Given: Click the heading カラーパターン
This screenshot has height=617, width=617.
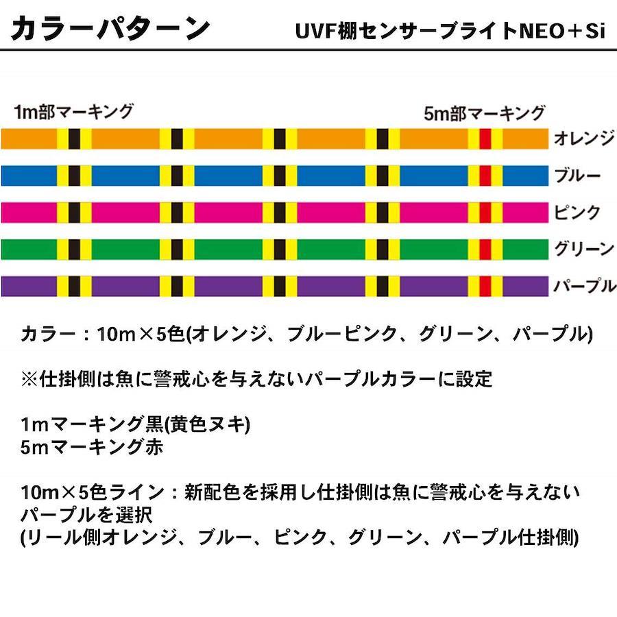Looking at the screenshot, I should [110, 29].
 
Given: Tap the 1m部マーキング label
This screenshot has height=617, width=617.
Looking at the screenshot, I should [73, 112].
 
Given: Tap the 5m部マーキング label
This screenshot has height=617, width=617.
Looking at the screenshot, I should [484, 114].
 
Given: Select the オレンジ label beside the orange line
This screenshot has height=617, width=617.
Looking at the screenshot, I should [583, 139].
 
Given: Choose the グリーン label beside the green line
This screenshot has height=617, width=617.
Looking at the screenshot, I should [583, 248].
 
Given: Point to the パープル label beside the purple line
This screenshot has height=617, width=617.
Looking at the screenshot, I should [583, 285].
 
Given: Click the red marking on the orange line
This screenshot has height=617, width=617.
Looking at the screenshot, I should [485, 139].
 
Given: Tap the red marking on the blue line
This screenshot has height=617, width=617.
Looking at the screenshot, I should [485, 176].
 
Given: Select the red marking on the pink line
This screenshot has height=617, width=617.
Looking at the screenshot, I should [485, 212].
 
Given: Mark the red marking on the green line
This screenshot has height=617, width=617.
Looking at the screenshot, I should [485, 248].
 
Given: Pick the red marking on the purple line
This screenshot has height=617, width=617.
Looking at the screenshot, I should [485, 285].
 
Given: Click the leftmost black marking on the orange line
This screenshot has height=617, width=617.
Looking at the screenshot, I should [74, 139].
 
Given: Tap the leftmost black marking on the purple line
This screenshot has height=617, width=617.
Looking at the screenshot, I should [74, 285].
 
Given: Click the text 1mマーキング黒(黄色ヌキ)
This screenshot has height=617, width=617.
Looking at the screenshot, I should [136, 425].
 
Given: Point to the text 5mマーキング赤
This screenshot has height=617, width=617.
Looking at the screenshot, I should [92, 447].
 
